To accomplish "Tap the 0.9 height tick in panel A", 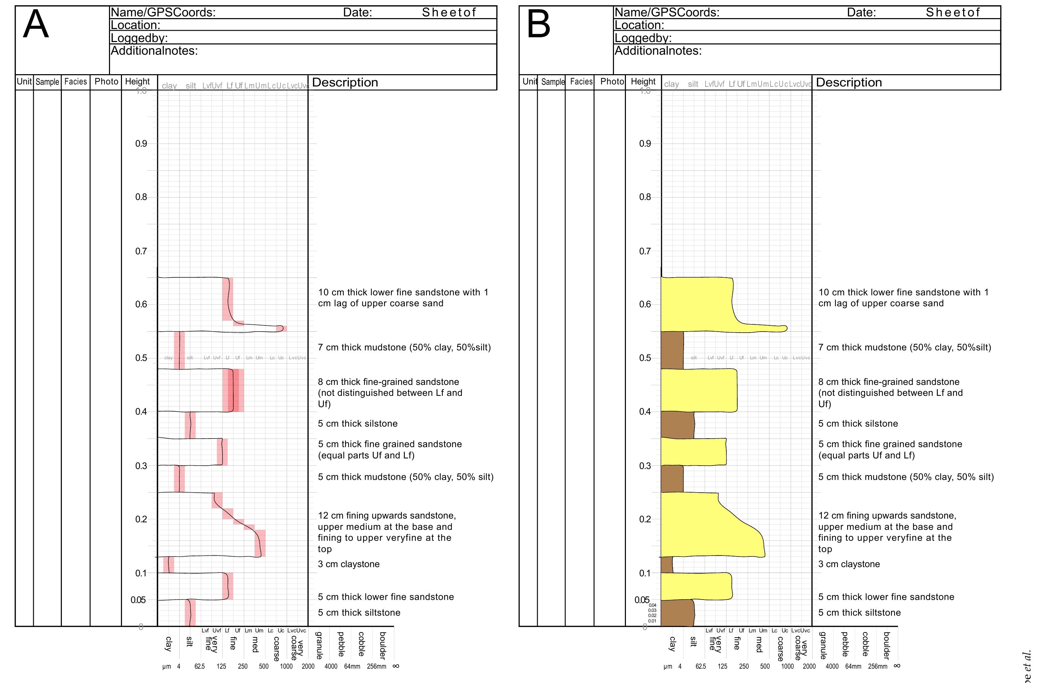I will pyautogui.click(x=141, y=144).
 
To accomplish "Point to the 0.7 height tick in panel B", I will pyautogui.click(x=645, y=251).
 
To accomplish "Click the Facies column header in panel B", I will pyautogui.click(x=581, y=82).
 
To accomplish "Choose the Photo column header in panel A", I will pyautogui.click(x=106, y=82).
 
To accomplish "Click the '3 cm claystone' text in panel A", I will pyautogui.click(x=348, y=564).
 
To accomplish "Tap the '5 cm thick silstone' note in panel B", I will pyautogui.click(x=858, y=423).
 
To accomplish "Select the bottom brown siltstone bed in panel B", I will pyautogui.click(x=676, y=613).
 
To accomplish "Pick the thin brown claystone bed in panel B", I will pyautogui.click(x=666, y=564).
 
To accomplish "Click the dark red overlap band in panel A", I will pyautogui.click(x=231, y=390).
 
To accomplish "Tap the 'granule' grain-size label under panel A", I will pyautogui.click(x=319, y=645).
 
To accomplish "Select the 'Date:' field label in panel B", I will pyautogui.click(x=861, y=12).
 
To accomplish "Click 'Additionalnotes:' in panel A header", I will pyautogui.click(x=154, y=51).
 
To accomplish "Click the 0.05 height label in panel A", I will pyautogui.click(x=138, y=600).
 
